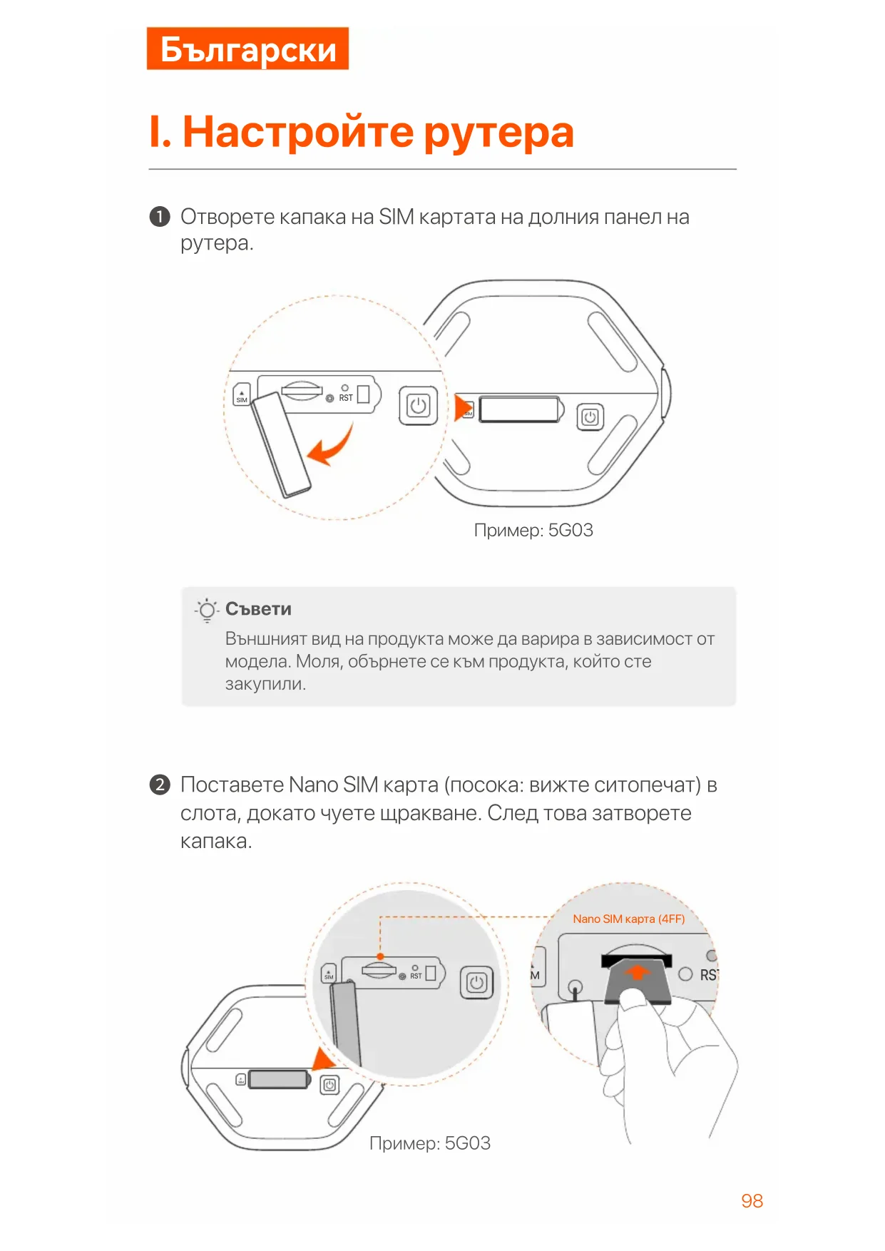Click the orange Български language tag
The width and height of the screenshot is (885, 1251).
point(247,48)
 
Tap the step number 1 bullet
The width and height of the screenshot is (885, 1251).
point(160,216)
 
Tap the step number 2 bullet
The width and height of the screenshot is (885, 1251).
point(160,785)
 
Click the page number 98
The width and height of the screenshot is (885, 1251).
point(752,1201)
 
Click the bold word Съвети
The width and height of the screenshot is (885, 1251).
point(258,609)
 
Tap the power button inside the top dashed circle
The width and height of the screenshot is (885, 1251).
point(418,406)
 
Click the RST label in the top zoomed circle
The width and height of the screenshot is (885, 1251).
point(346,398)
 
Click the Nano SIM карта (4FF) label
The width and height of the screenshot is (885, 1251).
point(628,919)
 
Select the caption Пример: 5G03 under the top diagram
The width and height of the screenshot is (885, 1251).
point(533,530)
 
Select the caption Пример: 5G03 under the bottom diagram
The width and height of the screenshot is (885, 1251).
point(430,1143)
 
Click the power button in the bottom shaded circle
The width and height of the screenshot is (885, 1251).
point(476,983)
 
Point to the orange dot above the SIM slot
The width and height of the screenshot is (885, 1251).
point(380,956)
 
